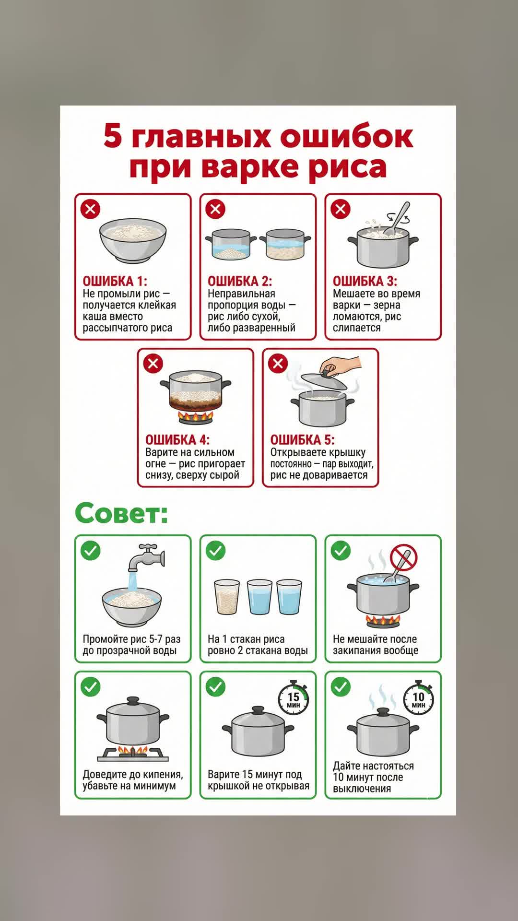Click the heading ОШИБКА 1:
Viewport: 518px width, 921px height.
pos(115,281)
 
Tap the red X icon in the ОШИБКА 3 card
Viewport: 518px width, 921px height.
pos(341,209)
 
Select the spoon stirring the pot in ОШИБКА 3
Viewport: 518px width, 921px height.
pos(397,220)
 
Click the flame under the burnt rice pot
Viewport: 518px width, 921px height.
pos(196,416)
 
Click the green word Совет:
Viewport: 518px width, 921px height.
pos(121,513)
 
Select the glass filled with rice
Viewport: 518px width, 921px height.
pos(227,597)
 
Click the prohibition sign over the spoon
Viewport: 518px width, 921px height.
pos(404,557)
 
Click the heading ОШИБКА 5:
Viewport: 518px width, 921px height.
pos(302,440)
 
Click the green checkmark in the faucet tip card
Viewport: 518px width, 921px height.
pos(91,551)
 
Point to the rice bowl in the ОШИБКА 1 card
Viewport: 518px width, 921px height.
pos(133,240)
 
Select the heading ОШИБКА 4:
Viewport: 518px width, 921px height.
pos(177,440)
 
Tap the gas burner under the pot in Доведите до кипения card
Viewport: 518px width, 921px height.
pos(133,754)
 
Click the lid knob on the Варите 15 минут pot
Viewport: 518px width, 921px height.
pos(258,710)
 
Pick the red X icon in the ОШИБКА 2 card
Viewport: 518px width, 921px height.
pos(215,209)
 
